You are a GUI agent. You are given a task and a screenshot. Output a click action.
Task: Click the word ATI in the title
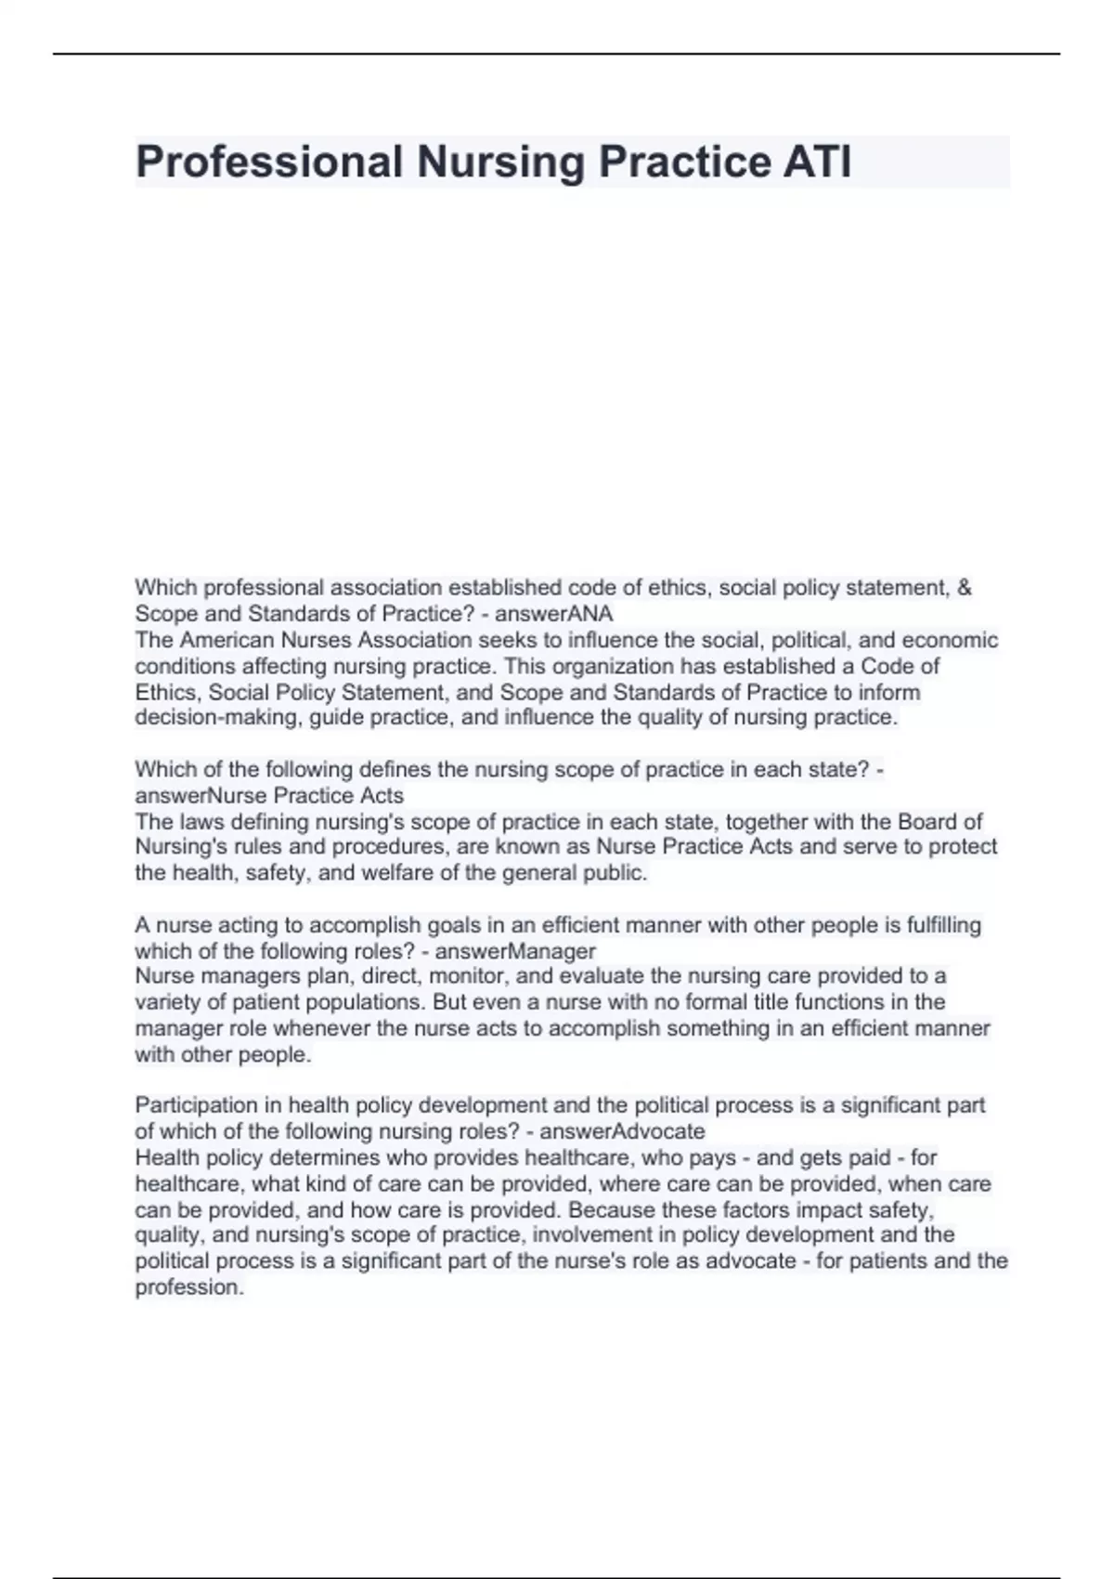click(817, 162)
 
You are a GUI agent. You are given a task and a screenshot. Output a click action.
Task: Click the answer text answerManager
click(515, 951)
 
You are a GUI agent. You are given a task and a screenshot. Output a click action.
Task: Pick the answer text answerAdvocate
click(622, 1131)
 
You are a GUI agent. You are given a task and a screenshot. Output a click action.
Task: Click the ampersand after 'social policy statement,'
click(964, 588)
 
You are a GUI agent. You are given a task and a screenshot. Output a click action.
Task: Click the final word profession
click(189, 1287)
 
